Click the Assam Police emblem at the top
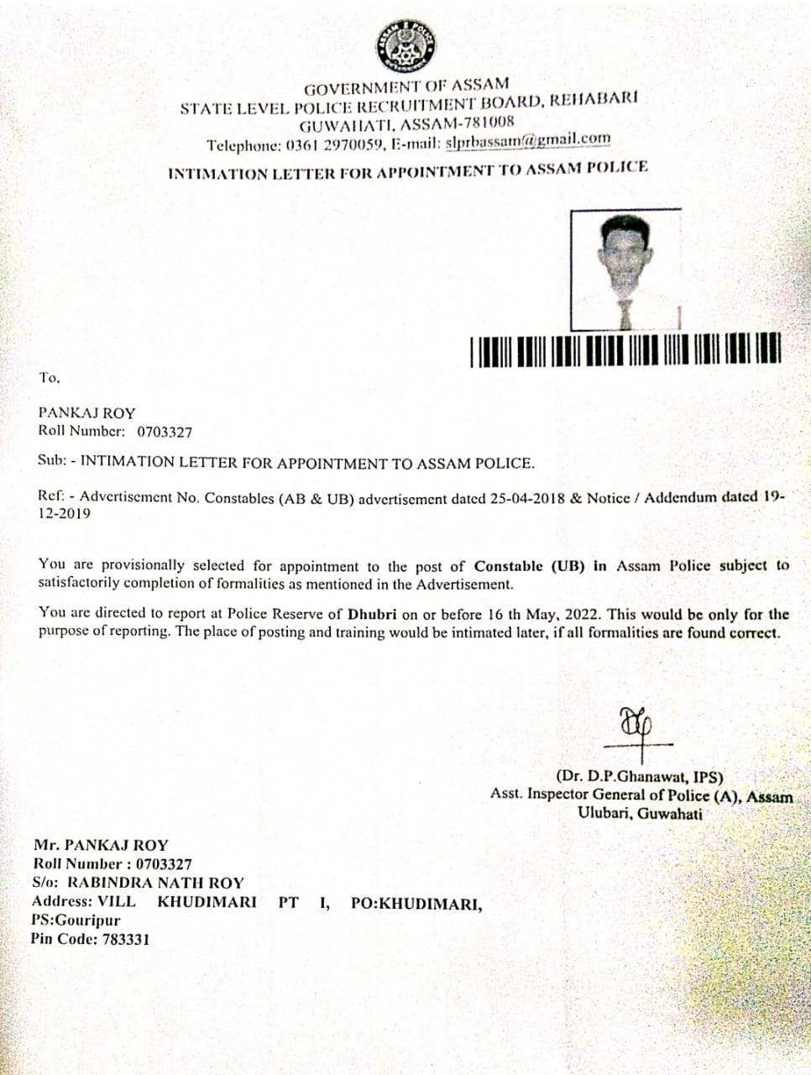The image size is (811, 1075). (x=406, y=44)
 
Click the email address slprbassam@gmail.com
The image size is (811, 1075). (x=528, y=140)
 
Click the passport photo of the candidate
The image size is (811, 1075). (x=625, y=270)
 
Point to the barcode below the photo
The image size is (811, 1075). (x=626, y=350)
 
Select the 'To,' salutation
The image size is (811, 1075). (x=50, y=378)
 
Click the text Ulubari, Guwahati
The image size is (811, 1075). (x=640, y=813)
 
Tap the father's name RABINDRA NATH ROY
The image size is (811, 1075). (x=155, y=883)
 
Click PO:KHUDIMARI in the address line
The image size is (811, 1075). (x=416, y=904)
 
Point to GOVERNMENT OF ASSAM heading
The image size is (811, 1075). (x=406, y=87)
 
